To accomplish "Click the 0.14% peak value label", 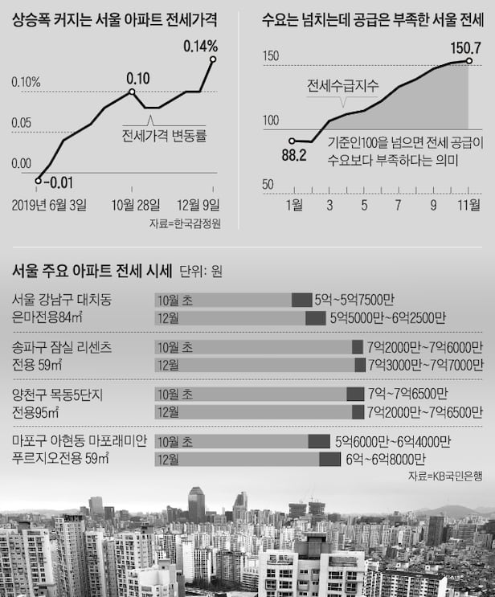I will coord(200,46).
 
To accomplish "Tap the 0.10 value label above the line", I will coord(138,79).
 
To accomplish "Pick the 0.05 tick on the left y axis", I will coord(21,123).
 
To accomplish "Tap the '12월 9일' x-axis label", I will coord(199,204).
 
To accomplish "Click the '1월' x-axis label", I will coord(295,204).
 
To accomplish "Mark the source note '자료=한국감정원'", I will coord(184,223).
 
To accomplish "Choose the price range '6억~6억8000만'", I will coord(389,460).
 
